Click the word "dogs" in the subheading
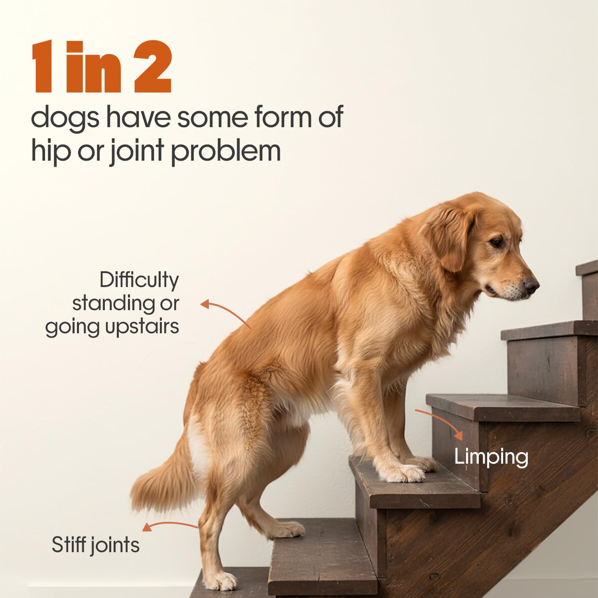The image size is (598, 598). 65,118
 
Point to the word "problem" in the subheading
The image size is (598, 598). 226,152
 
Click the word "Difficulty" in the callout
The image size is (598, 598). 139,280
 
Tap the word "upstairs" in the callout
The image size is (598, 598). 142,327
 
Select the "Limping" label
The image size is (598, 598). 491,457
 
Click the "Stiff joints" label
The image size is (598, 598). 96,545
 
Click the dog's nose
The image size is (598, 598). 531,285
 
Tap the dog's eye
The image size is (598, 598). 497,242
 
